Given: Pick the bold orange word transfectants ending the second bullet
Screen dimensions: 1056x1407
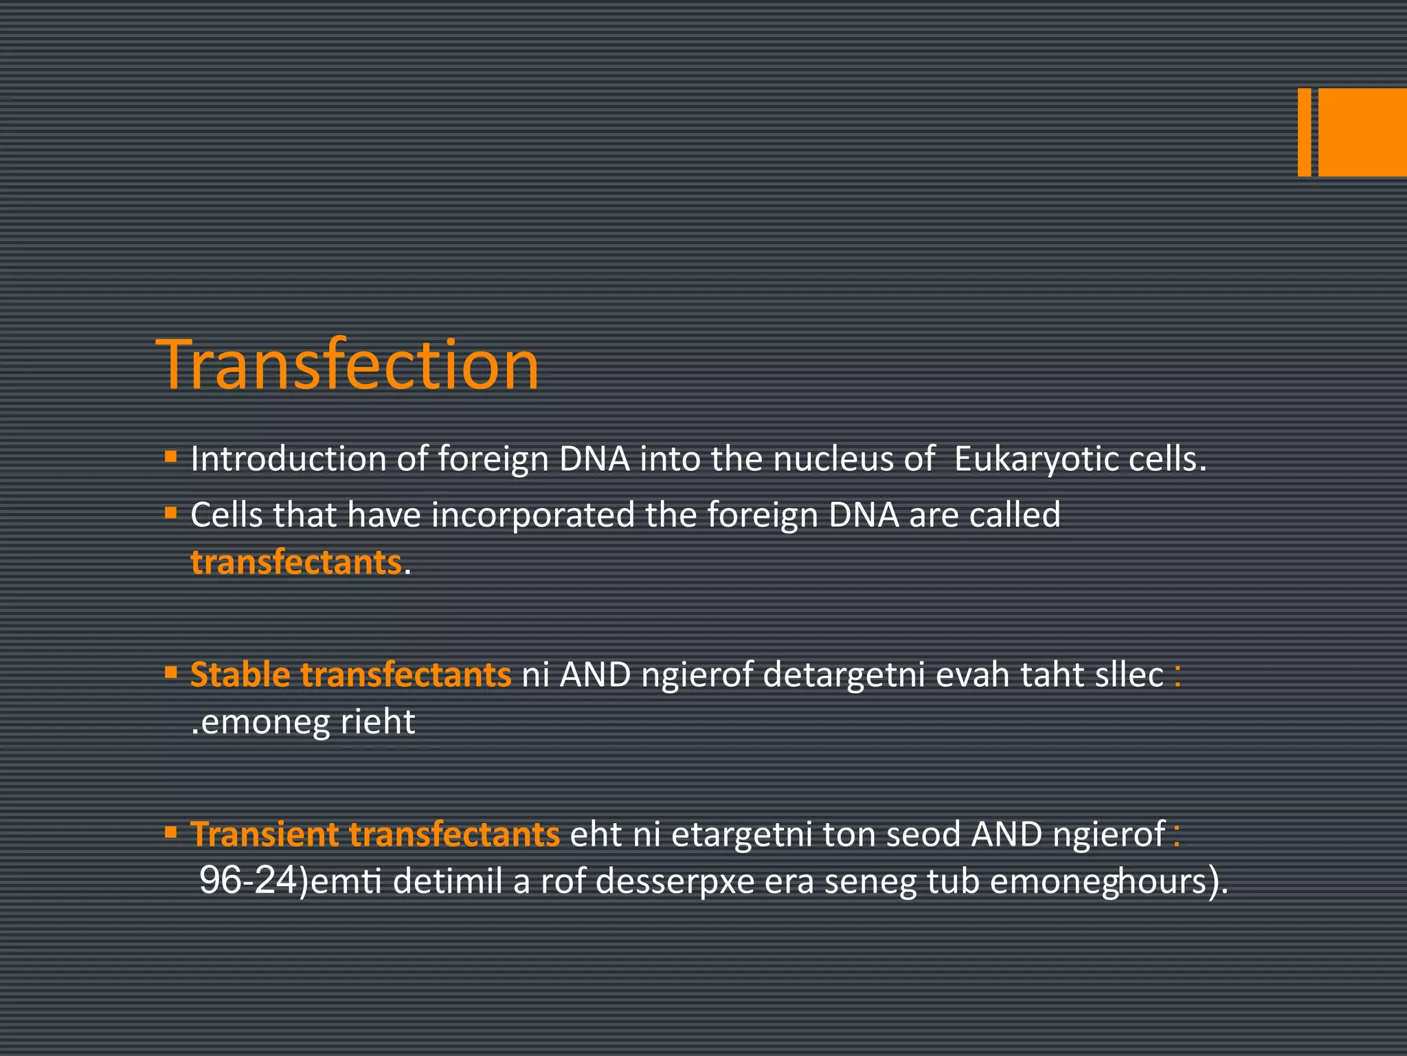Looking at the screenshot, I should coord(295,562).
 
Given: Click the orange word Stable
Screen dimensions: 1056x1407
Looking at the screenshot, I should coord(240,674).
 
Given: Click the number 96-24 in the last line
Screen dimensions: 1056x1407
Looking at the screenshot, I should coord(247,881).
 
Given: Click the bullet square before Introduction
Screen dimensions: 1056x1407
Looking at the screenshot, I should coord(171,456).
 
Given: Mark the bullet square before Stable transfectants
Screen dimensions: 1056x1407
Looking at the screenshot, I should coord(171,672).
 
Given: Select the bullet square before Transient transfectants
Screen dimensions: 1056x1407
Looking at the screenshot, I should coord(171,832).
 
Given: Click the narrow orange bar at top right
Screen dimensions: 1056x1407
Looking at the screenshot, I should coord(1304,132).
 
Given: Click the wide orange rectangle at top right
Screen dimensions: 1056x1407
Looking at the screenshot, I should coord(1362,132).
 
